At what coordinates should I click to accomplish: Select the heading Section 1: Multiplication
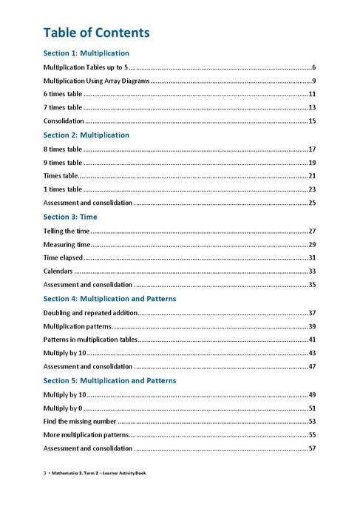coord(86,53)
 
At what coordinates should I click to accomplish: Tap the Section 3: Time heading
coord(69,217)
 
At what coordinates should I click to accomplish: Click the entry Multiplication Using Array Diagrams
coord(96,81)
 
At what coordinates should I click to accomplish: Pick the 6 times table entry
coord(63,94)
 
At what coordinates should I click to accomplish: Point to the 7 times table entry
coord(63,107)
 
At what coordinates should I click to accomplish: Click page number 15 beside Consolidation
coord(312,121)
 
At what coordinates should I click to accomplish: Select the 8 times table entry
coord(63,149)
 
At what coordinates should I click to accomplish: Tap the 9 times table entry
coord(63,163)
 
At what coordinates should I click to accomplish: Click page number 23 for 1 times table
coord(312,189)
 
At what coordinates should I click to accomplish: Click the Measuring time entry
coord(67,244)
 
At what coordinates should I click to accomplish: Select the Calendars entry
coord(58,272)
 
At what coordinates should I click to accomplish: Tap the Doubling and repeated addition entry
coord(90,313)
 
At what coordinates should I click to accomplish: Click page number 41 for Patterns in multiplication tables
coord(312,340)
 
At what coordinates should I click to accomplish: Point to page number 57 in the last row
coord(312,448)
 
